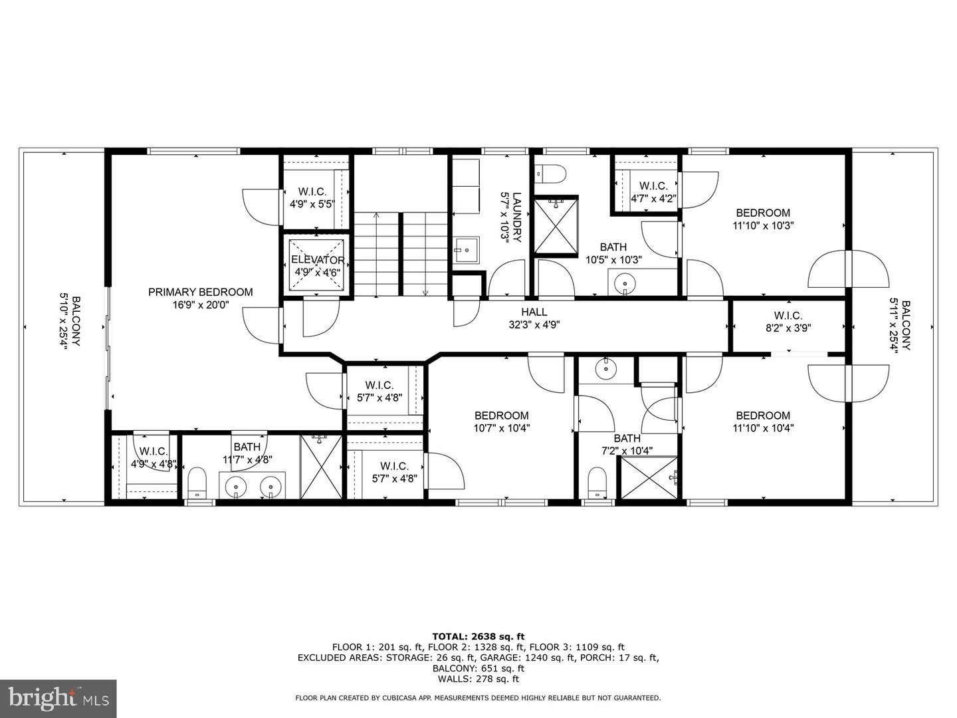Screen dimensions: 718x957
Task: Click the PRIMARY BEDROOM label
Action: tap(200, 292)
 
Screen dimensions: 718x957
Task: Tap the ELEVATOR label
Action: tap(318, 260)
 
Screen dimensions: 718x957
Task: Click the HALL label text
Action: tap(534, 312)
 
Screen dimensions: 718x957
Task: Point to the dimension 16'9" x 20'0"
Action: tap(200, 305)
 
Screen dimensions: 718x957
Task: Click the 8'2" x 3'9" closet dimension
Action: tap(788, 327)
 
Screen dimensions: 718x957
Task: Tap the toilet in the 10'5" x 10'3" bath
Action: tap(550, 174)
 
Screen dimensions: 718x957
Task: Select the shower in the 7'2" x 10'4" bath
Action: tap(648, 477)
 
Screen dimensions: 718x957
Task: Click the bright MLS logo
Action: tap(58, 698)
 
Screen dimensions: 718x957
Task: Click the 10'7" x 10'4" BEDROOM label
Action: tap(501, 416)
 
